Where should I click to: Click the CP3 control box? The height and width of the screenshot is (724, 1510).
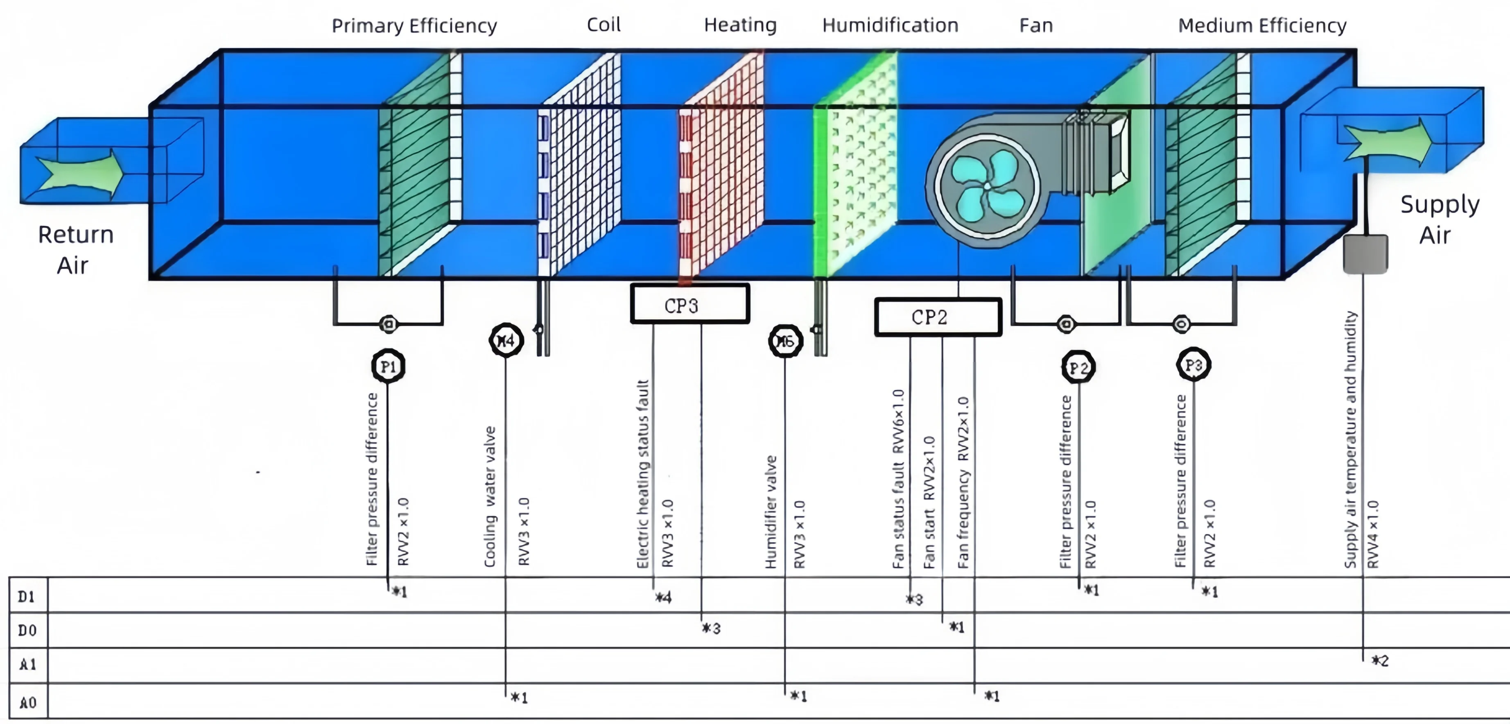pos(689,304)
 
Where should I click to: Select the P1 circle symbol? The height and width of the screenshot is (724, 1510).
pos(388,367)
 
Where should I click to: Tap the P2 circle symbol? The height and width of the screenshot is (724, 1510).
pos(1078,368)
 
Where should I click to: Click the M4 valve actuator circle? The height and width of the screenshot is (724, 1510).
pos(506,340)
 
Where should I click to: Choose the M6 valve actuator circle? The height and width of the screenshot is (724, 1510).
pos(785,341)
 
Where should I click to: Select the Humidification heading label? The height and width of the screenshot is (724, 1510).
pos(890,25)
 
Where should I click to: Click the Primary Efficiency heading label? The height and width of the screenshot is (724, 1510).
pos(414,26)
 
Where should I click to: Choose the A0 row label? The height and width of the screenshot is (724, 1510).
pos(27,702)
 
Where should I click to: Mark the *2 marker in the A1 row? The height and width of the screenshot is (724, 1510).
pos(1380,661)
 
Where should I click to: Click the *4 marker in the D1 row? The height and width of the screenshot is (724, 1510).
pos(663,597)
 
